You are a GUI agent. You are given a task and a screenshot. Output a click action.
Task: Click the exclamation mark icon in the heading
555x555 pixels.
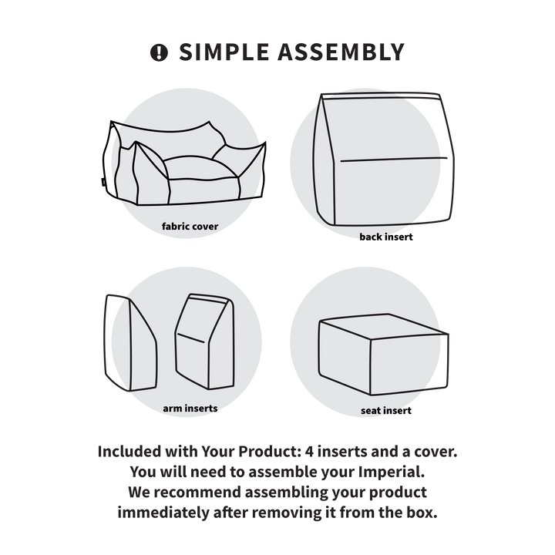point(159,52)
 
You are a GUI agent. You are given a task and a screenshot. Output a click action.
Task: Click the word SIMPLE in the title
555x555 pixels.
point(224,52)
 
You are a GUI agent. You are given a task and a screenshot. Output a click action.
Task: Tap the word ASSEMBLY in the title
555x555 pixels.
point(341,52)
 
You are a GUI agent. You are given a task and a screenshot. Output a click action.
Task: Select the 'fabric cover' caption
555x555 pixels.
point(190,226)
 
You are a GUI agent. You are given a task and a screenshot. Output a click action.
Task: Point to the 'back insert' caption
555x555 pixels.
point(386,237)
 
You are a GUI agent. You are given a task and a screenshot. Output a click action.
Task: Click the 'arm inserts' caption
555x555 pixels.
point(190,408)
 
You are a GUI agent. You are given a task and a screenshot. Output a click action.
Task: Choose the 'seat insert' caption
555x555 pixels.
point(386,411)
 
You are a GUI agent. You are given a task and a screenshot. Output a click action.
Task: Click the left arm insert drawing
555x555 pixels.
point(130,342)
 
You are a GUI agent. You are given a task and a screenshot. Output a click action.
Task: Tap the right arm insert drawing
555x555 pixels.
point(205,341)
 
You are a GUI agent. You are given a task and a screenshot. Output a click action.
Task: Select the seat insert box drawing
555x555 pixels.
point(383,355)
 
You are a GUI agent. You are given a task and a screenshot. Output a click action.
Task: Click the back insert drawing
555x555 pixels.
point(384,159)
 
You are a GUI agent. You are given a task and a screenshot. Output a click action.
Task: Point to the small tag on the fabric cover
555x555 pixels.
point(102,182)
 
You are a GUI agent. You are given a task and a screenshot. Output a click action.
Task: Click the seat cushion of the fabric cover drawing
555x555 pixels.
point(200,168)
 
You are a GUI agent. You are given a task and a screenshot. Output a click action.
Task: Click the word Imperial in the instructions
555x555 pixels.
point(391,472)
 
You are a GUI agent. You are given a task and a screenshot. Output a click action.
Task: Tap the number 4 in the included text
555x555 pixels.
point(309,452)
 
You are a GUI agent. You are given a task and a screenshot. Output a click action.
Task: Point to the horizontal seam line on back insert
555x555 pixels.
point(394,160)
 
